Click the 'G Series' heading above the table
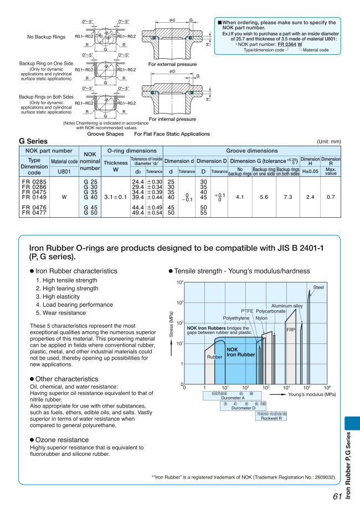33,142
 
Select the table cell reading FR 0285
33,181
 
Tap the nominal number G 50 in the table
90,213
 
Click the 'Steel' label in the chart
318,287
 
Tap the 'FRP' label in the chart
290,330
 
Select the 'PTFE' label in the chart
247,311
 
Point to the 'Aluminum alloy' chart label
286,306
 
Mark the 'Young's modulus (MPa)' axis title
307,395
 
